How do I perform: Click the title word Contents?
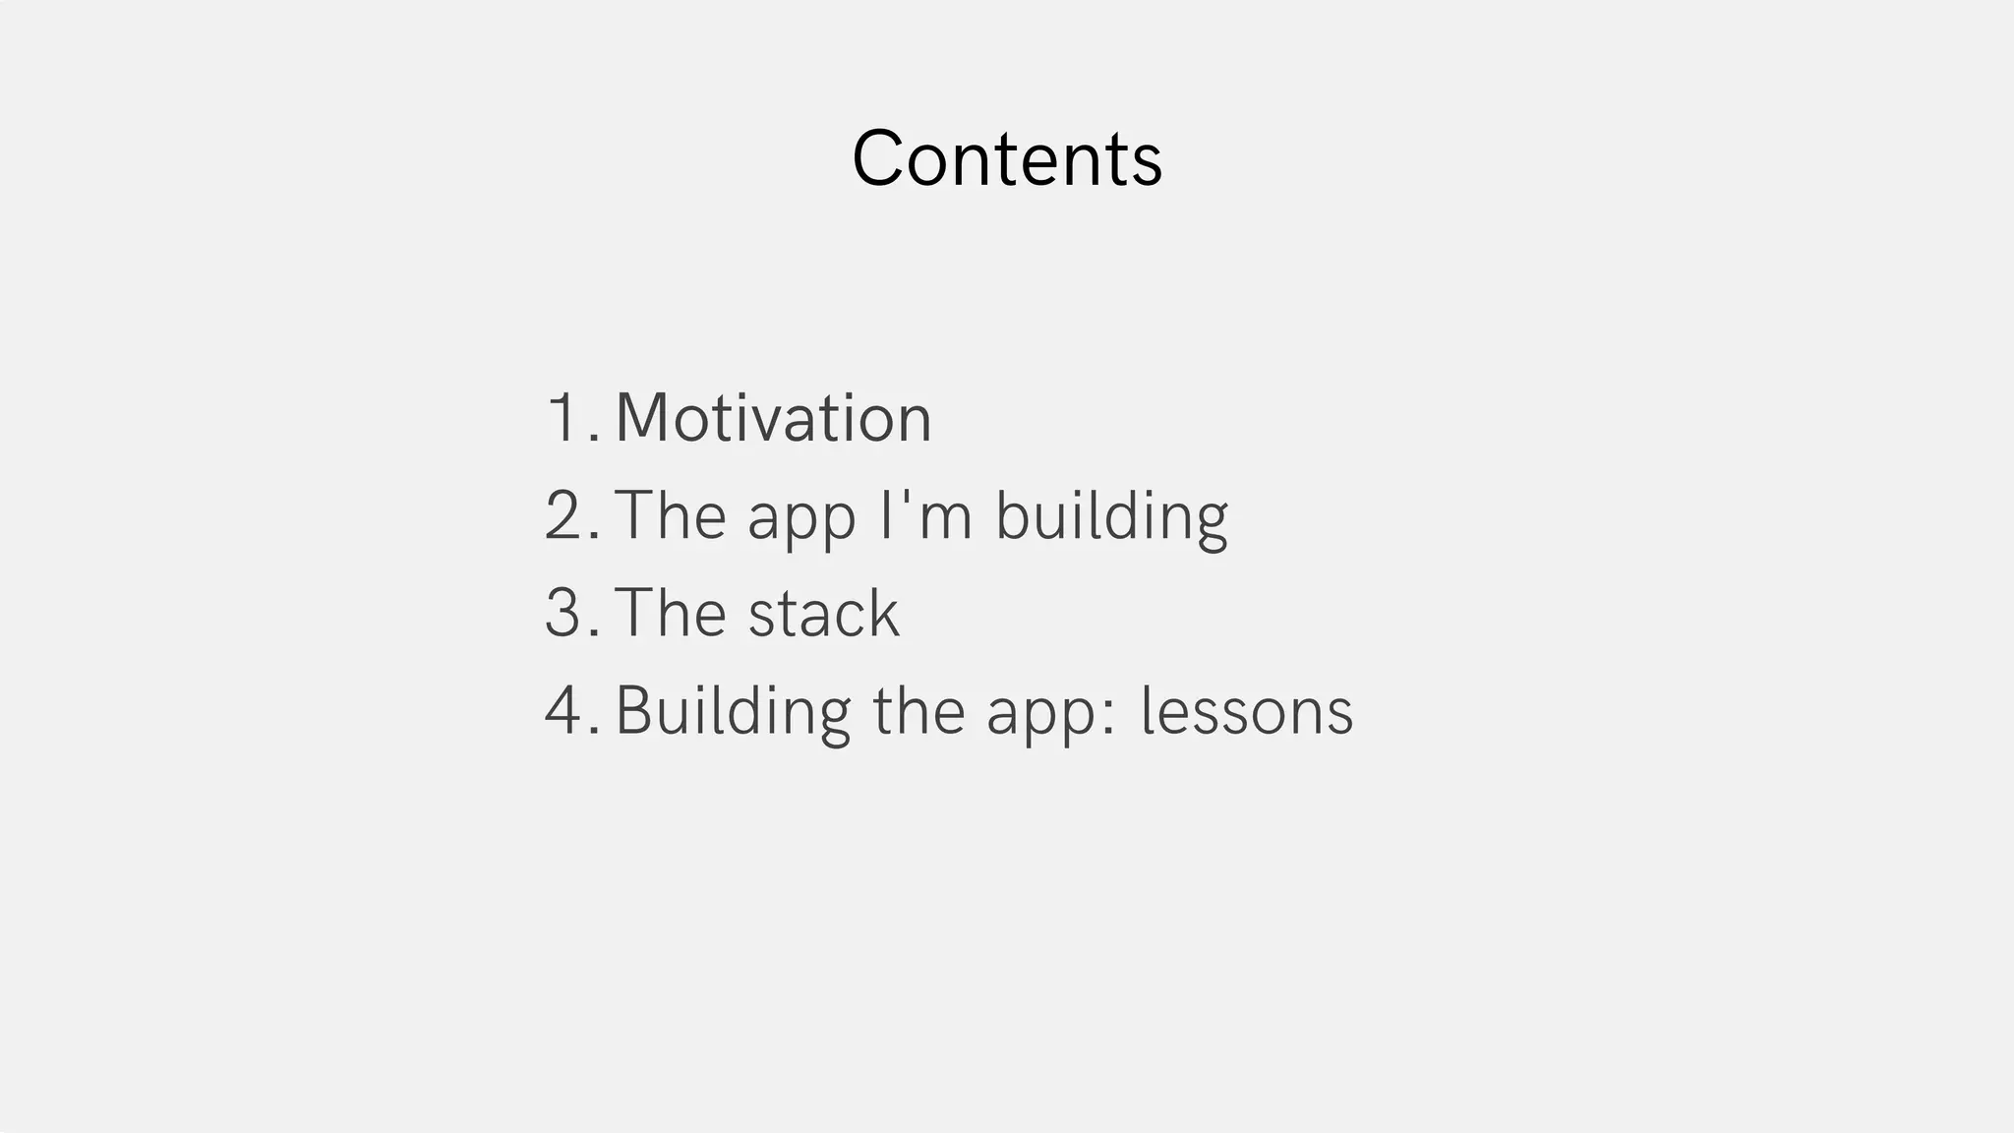tap(1007, 158)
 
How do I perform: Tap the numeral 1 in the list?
tap(564, 418)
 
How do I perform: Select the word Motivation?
tap(773, 418)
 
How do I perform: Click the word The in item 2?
tap(671, 515)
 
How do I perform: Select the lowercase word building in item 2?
tap(1111, 515)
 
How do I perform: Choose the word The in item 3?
tap(671, 613)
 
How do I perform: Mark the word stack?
tap(823, 613)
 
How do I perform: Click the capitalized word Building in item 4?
tap(733, 710)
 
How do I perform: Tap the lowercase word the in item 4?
tap(918, 710)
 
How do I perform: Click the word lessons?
tap(1246, 710)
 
